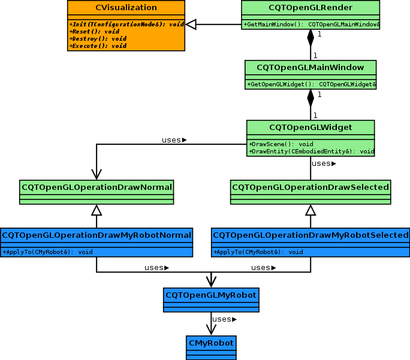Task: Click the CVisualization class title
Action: point(126,8)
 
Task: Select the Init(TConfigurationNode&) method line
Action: point(126,24)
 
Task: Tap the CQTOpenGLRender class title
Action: point(310,8)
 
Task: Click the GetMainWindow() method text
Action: point(310,24)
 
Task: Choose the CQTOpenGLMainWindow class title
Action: point(310,67)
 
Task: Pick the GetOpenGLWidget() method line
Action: point(310,84)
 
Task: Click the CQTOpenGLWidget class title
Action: point(310,127)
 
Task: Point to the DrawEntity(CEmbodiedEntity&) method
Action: point(310,152)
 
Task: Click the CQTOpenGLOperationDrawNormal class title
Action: point(97,187)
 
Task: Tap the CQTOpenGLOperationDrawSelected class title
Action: point(310,187)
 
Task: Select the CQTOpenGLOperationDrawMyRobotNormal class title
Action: point(97,235)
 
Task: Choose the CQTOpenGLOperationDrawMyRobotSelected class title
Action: point(310,235)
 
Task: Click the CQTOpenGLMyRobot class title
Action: point(211,295)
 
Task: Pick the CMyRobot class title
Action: point(211,343)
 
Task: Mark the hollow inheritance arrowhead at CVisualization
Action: point(191,24)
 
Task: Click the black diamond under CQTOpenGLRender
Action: point(310,38)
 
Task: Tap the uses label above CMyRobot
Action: point(223,319)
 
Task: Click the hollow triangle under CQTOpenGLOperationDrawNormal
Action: point(97,210)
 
